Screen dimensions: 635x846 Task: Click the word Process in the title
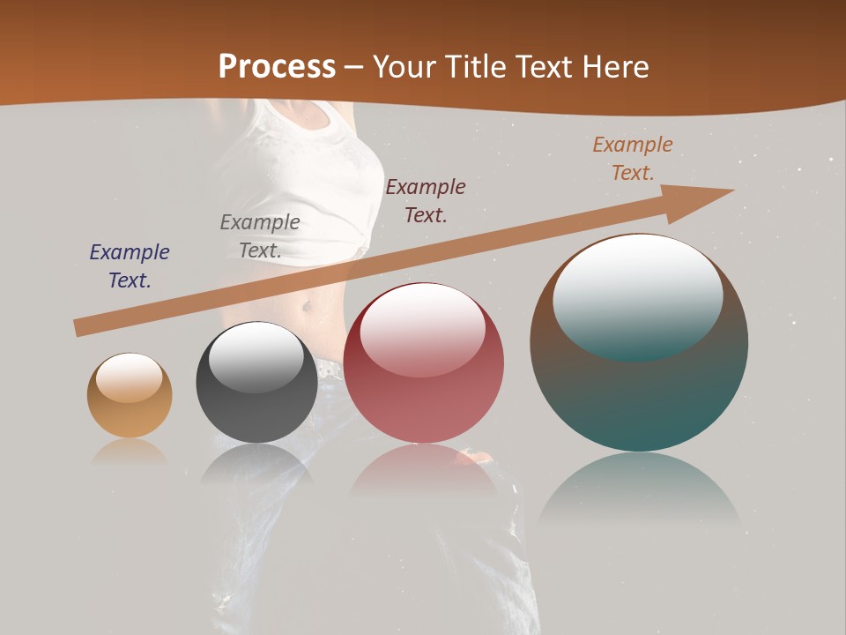point(277,67)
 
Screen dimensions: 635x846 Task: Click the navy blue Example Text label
point(130,266)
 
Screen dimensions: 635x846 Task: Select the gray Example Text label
point(260,236)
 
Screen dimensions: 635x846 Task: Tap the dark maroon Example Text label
point(426,200)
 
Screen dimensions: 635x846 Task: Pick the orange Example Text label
point(633,158)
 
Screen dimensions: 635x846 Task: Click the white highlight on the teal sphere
point(638,295)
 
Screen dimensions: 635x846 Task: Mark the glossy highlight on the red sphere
point(423,329)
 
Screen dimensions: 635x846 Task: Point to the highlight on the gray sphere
point(256,357)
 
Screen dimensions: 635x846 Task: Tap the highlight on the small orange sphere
point(130,377)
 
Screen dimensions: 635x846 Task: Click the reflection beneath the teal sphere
point(640,494)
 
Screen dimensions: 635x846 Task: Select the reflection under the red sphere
point(424,472)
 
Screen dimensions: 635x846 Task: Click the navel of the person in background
point(306,307)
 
